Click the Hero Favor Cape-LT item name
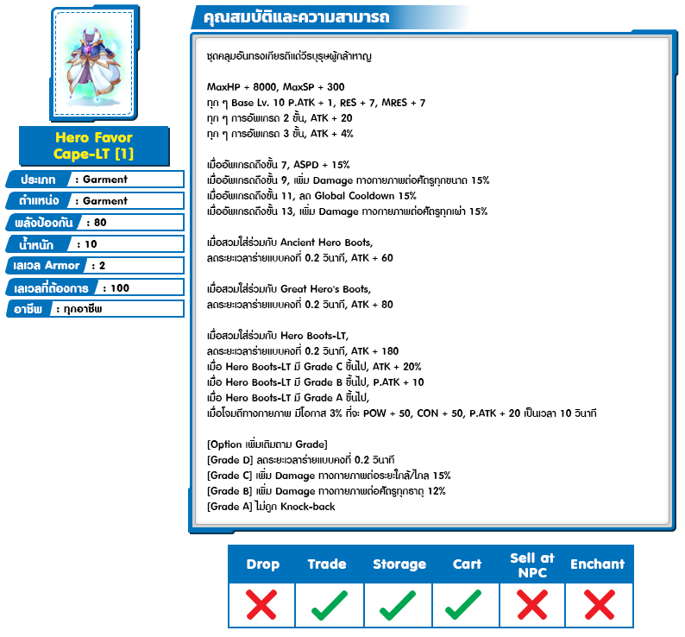[x=93, y=145]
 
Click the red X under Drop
[x=262, y=605]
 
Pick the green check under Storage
[x=399, y=605]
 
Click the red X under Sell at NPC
[x=532, y=605]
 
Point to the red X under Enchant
[x=597, y=605]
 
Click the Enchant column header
[x=597, y=564]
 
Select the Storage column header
[x=399, y=564]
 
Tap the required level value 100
[x=120, y=287]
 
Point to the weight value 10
[x=91, y=244]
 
